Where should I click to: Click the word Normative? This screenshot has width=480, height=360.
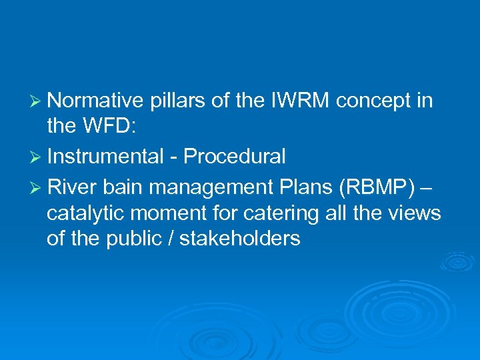coord(96,101)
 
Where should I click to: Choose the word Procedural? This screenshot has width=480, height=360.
coord(235,157)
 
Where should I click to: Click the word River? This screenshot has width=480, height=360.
coord(73,187)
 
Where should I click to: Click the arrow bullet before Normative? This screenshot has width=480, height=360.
coord(37,101)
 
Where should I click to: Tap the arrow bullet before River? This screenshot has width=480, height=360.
coord(37,188)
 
